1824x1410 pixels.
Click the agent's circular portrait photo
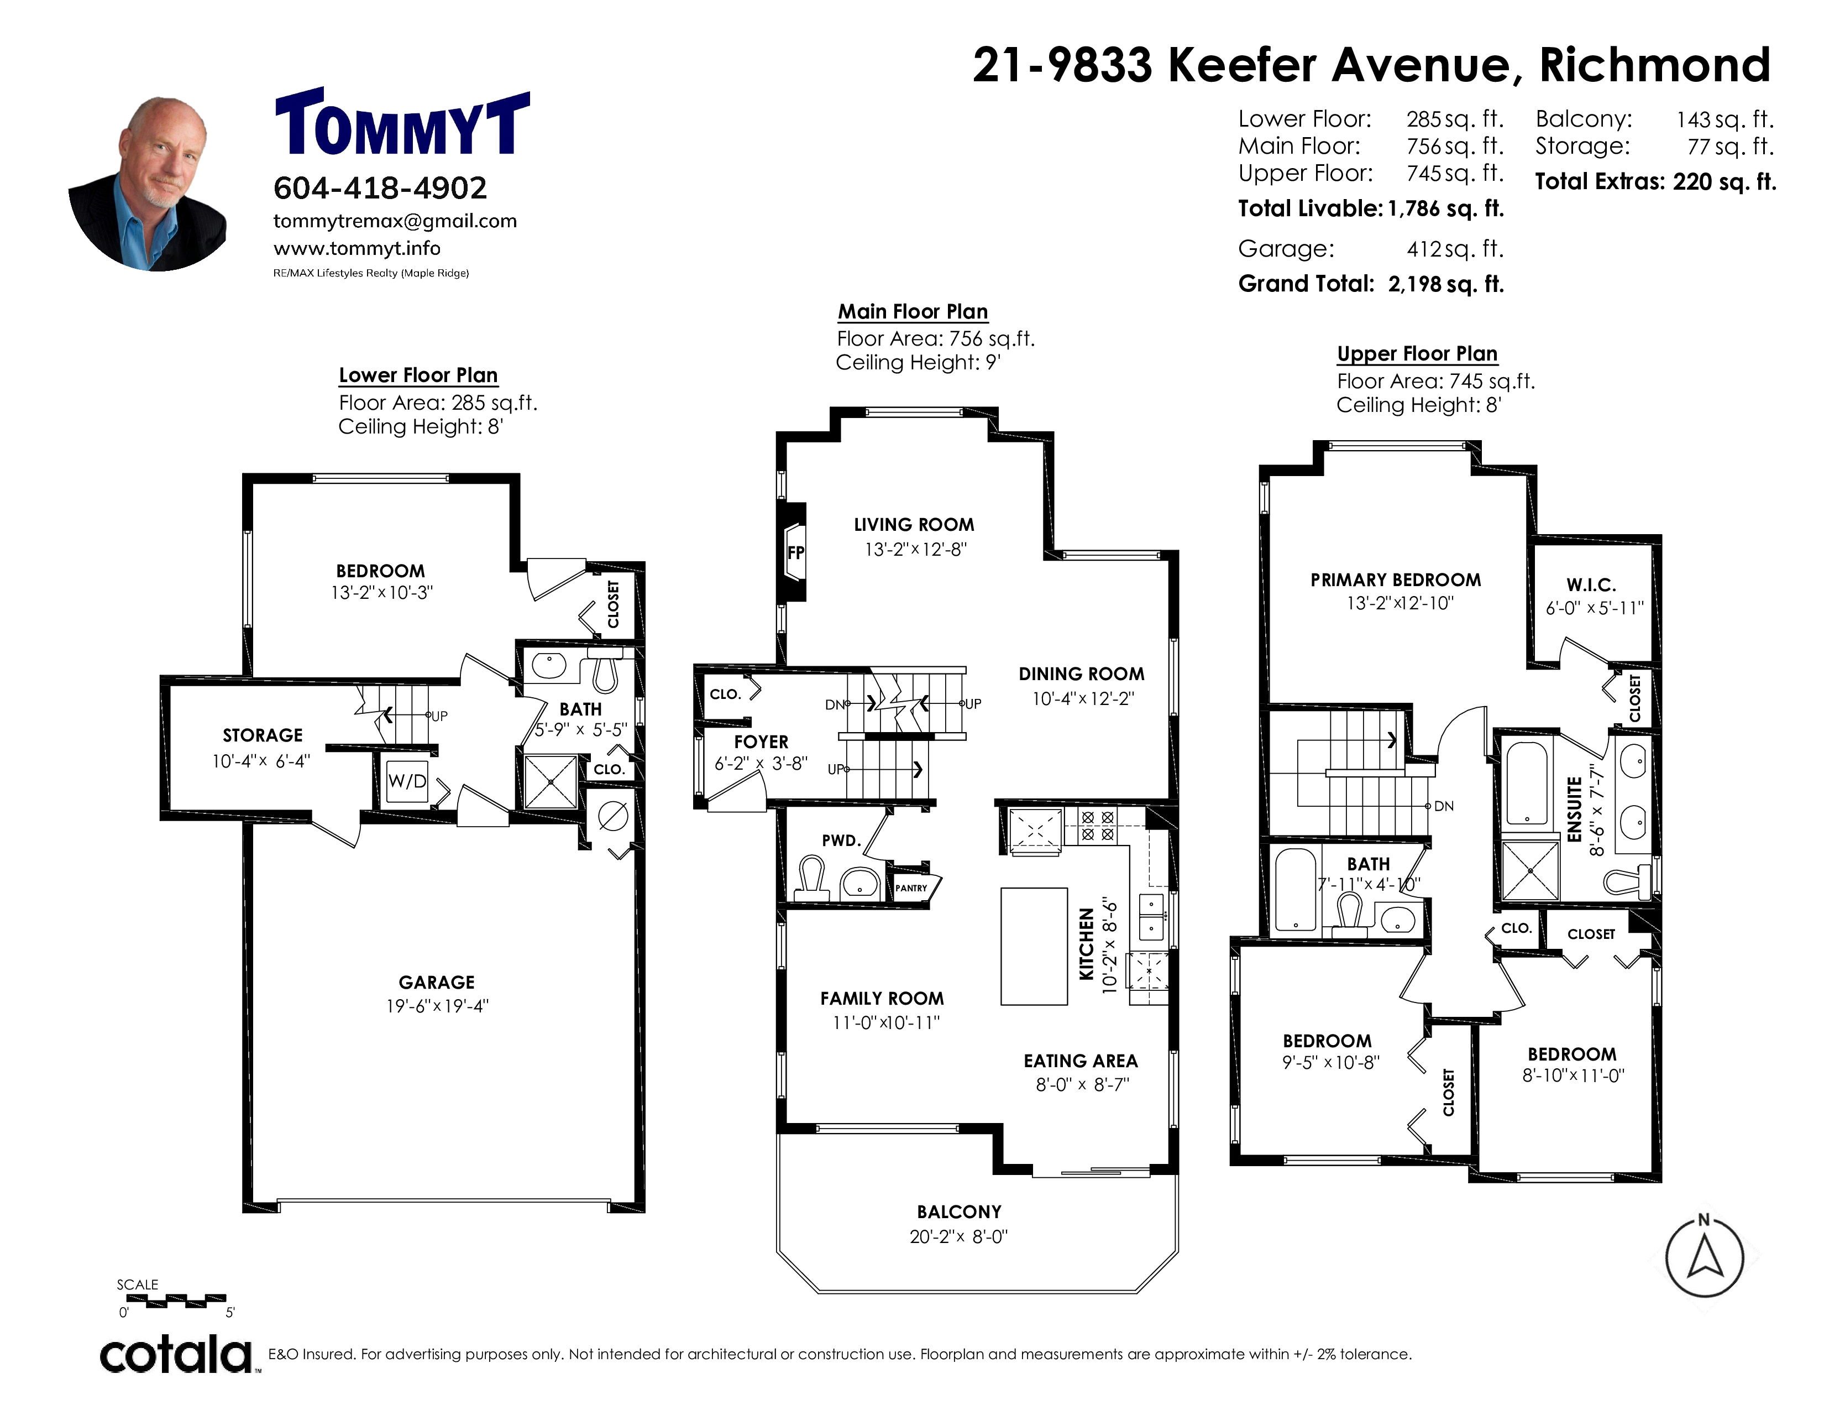click(147, 184)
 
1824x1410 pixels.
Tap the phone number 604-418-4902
click(380, 188)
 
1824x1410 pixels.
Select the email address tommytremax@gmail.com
click(395, 221)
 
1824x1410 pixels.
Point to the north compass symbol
click(1705, 1256)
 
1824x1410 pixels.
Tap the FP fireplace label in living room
click(796, 552)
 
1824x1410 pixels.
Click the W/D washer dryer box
click(407, 781)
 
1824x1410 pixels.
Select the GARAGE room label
click(437, 983)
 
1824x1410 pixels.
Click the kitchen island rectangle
click(1034, 946)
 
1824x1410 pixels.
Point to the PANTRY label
click(911, 888)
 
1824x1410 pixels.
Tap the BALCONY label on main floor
click(959, 1212)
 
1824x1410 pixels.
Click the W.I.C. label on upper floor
click(1591, 584)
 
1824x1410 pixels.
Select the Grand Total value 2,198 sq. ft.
click(1446, 284)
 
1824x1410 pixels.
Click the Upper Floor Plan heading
click(1417, 354)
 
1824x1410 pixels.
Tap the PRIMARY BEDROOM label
click(1396, 579)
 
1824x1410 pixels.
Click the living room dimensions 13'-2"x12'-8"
click(915, 550)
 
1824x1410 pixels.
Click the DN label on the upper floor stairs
click(1444, 806)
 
